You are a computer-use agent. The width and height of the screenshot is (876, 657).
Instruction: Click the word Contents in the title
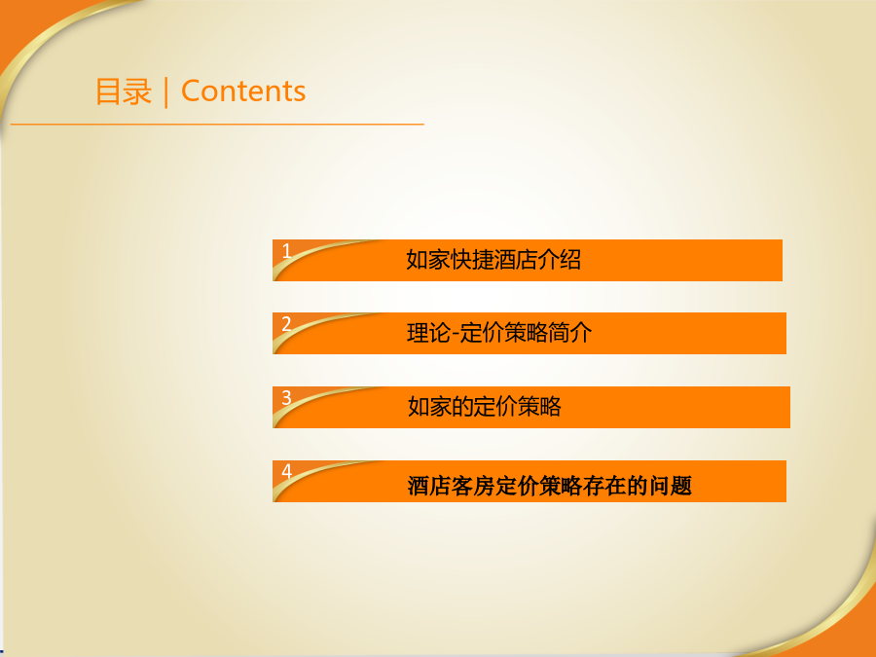[243, 91]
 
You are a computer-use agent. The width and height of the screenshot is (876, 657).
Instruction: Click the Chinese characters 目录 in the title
[124, 91]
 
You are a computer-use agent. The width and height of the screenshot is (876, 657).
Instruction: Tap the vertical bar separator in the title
[166, 92]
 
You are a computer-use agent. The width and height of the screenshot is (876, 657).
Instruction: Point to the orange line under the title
[217, 124]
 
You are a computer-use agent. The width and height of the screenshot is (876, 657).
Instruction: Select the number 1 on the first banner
[286, 251]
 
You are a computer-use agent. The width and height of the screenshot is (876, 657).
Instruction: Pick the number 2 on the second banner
[286, 324]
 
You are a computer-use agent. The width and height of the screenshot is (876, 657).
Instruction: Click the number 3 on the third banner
[286, 398]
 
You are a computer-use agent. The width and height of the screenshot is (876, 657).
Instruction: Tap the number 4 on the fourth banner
[286, 471]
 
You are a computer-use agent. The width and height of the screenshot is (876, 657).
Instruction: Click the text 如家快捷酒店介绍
[493, 260]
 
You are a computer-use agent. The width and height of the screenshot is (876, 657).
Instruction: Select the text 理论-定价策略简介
[499, 333]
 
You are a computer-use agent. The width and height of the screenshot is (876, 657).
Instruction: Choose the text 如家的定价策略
[485, 407]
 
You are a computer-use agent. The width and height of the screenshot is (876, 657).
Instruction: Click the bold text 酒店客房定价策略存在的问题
[550, 486]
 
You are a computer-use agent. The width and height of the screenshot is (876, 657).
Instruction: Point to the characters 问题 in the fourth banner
[671, 486]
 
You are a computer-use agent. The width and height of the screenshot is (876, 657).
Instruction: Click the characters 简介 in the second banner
[569, 333]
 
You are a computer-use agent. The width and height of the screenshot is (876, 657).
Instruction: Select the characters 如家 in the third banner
[429, 407]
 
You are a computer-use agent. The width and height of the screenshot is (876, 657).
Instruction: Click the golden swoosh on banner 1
[318, 255]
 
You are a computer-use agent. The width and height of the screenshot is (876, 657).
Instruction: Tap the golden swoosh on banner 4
[318, 476]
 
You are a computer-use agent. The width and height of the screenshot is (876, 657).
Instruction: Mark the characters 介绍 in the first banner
[560, 260]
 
